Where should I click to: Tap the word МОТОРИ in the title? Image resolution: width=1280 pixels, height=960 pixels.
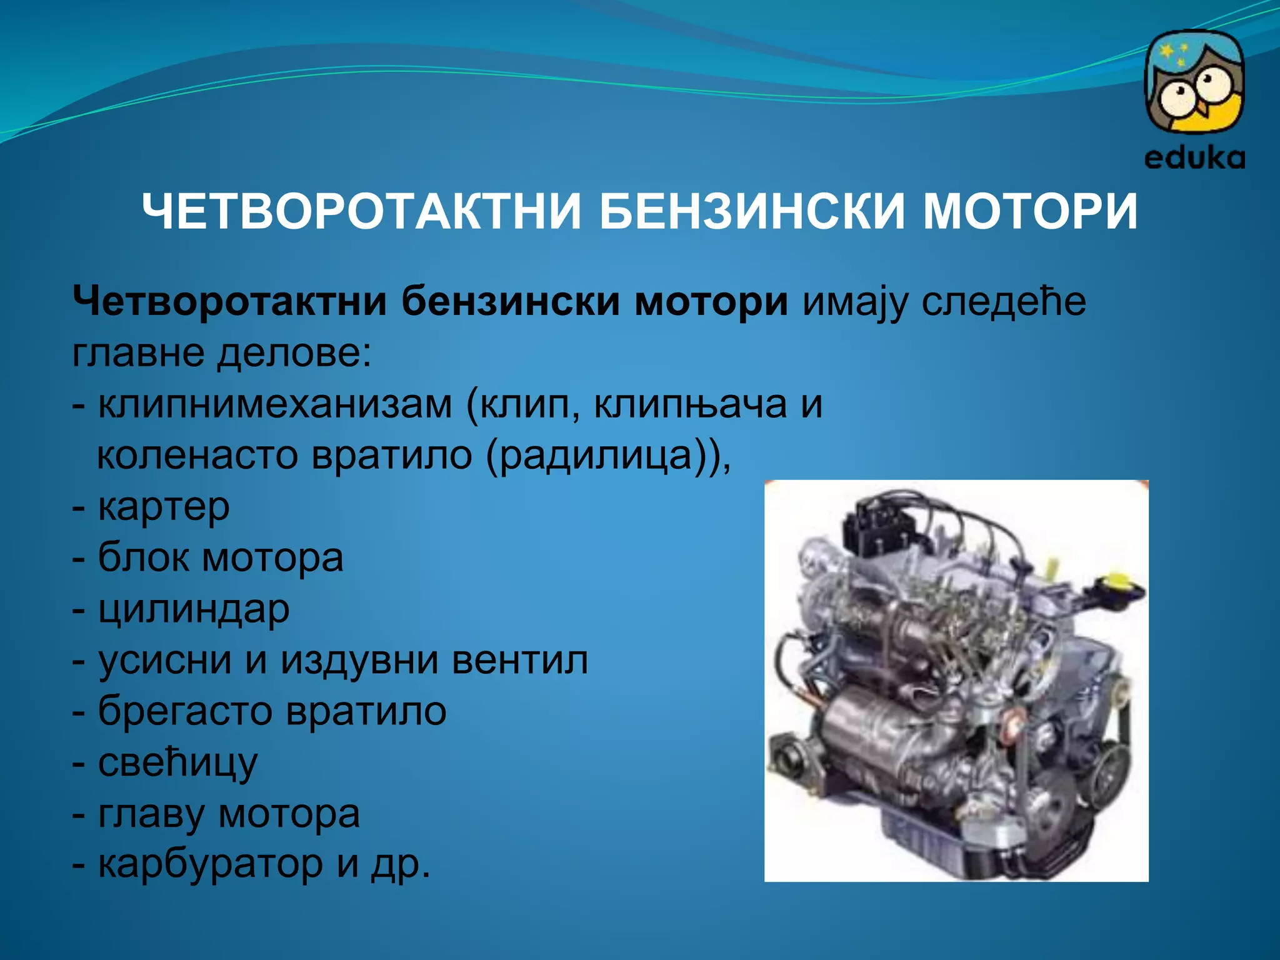pyautogui.click(x=1031, y=211)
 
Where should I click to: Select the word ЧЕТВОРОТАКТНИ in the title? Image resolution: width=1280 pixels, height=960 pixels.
pyautogui.click(x=362, y=211)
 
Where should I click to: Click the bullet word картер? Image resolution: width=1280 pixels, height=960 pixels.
pyautogui.click(x=164, y=507)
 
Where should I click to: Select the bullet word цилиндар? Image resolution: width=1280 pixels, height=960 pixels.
pyautogui.click(x=194, y=609)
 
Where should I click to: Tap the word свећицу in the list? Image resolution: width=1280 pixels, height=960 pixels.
pyautogui.click(x=177, y=762)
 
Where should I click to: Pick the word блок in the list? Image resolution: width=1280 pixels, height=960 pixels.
pyautogui.click(x=143, y=558)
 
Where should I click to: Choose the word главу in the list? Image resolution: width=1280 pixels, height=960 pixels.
pyautogui.click(x=151, y=814)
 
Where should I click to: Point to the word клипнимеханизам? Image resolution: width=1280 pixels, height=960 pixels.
pyautogui.click(x=275, y=405)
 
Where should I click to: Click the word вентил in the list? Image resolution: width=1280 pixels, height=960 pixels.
pyautogui.click(x=519, y=660)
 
